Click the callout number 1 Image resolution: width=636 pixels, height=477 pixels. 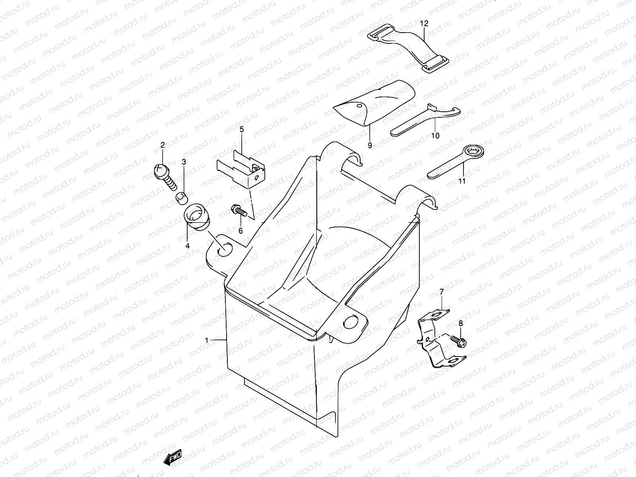(207, 340)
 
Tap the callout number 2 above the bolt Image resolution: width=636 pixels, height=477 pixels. (162, 145)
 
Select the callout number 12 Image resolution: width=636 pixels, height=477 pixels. (424, 23)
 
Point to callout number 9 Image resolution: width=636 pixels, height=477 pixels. (370, 145)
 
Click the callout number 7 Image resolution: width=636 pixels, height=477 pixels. (441, 293)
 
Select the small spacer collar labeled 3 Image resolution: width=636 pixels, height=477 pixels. (181, 197)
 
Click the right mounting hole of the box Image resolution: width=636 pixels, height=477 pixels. (351, 321)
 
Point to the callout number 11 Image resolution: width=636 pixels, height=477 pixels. (461, 181)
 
